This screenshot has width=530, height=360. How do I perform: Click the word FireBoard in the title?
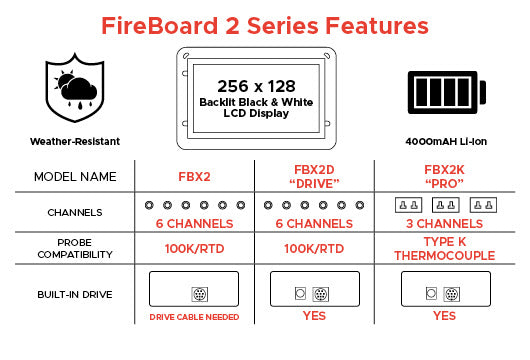tap(160, 26)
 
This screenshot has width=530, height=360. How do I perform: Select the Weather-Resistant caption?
tap(75, 141)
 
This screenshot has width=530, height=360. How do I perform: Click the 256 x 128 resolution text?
tap(256, 86)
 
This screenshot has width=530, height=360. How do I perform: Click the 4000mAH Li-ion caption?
tap(446, 141)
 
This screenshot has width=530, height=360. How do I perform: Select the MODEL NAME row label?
tap(75, 176)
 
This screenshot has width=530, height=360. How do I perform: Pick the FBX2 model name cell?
tap(194, 176)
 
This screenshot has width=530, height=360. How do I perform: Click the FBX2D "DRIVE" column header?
tap(314, 177)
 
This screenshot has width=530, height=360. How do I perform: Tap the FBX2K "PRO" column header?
tap(444, 177)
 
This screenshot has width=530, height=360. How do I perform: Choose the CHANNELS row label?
tap(75, 213)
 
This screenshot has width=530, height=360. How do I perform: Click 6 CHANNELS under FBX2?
tap(194, 224)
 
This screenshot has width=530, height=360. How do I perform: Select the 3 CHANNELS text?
tap(444, 224)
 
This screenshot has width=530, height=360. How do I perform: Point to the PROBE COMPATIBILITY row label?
tap(75, 248)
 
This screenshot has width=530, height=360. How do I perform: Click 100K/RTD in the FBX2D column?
tap(314, 249)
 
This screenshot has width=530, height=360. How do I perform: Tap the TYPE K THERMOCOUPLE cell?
tap(444, 249)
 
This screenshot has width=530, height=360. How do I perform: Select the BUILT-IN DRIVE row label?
tap(75, 294)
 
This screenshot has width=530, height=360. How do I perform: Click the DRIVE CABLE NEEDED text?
tap(194, 317)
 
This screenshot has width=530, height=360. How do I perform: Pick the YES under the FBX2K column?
tap(444, 316)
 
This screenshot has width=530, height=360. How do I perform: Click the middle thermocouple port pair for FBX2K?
tap(445, 205)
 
